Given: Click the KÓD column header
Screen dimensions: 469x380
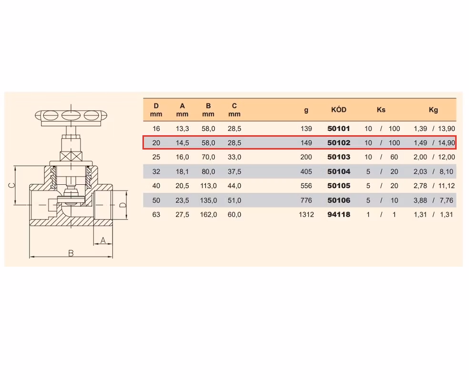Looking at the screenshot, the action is click(338, 110).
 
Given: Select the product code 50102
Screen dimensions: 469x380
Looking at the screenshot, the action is click(338, 143).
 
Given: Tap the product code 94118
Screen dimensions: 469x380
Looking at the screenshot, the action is click(338, 214).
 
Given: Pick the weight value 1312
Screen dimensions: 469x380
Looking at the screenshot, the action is click(306, 214).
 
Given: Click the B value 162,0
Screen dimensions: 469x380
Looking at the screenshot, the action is click(208, 214).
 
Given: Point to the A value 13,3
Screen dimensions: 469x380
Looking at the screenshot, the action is click(182, 129).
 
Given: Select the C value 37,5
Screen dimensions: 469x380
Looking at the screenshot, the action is click(234, 171).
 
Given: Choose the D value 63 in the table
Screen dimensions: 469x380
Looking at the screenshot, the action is click(156, 214).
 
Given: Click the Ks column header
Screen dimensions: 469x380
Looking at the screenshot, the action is click(381, 110).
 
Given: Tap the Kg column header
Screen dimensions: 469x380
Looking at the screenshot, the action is click(433, 110).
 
